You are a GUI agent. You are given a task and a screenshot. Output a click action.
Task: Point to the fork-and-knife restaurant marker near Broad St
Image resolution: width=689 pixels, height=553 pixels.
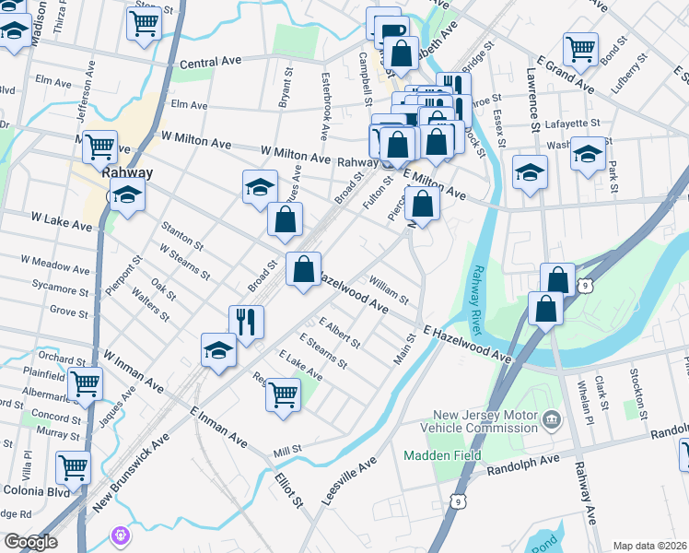pyautogui.click(x=246, y=322)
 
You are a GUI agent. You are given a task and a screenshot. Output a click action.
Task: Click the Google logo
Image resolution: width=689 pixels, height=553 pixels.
pyautogui.click(x=30, y=542)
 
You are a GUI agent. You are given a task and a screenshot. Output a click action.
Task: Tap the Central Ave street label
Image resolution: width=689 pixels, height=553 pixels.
pyautogui.click(x=210, y=62)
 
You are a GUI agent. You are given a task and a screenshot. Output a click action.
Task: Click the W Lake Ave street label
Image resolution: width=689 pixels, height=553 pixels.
pyautogui.click(x=61, y=221)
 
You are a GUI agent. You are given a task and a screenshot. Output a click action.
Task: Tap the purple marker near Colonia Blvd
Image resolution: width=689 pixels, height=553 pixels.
pyautogui.click(x=119, y=535)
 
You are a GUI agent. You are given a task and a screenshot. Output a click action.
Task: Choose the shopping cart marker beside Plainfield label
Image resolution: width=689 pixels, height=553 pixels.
pyautogui.click(x=86, y=382)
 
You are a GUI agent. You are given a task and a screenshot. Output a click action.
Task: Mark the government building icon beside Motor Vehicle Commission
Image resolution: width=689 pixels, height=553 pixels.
pyautogui.click(x=551, y=421)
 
